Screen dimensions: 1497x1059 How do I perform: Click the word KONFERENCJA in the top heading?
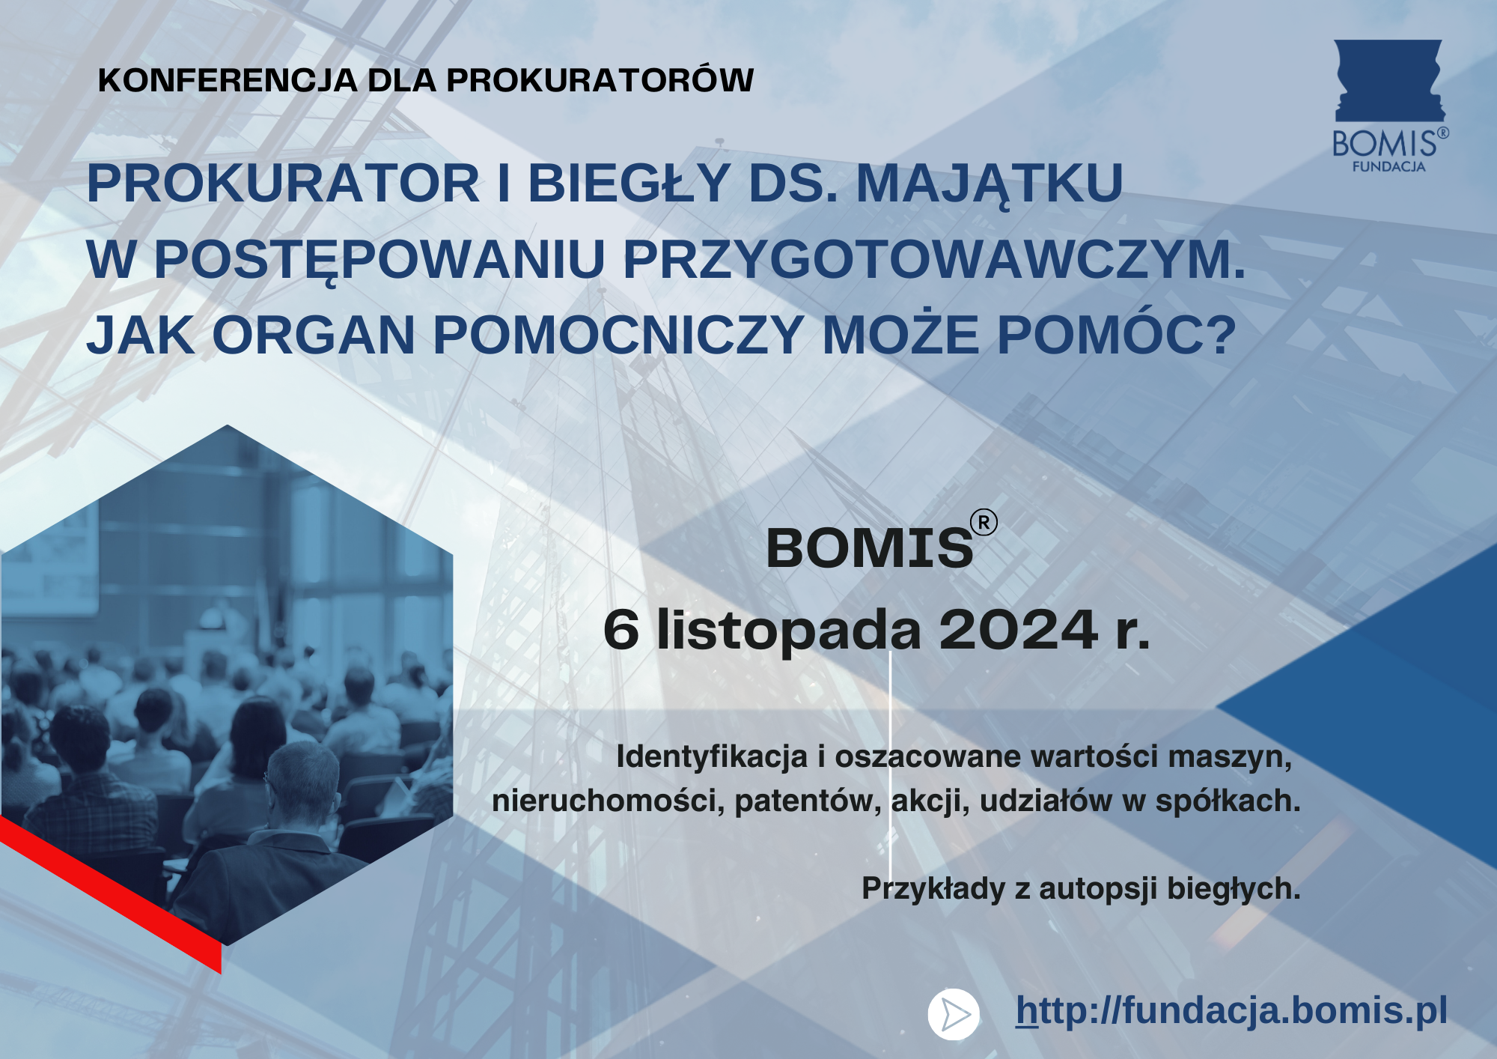pos(228,81)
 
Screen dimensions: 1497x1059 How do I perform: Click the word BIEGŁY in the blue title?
pos(629,183)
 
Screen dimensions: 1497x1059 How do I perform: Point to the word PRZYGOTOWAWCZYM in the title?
pos(934,259)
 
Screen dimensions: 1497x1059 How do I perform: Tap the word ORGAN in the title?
pos(314,335)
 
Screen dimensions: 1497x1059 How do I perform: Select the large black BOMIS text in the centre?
pos(870,548)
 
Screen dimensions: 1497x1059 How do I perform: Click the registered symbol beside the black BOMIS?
pos(984,523)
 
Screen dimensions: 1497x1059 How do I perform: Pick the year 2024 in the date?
pos(1019,630)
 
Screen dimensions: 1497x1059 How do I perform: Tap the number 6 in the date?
pos(621,630)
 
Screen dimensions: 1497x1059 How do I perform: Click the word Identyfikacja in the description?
pos(712,757)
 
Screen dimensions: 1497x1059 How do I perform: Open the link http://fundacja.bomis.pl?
pos(1231,1010)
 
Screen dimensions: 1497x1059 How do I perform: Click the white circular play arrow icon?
pos(954,1015)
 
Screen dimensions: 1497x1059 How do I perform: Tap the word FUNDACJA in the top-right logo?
pos(1388,167)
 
